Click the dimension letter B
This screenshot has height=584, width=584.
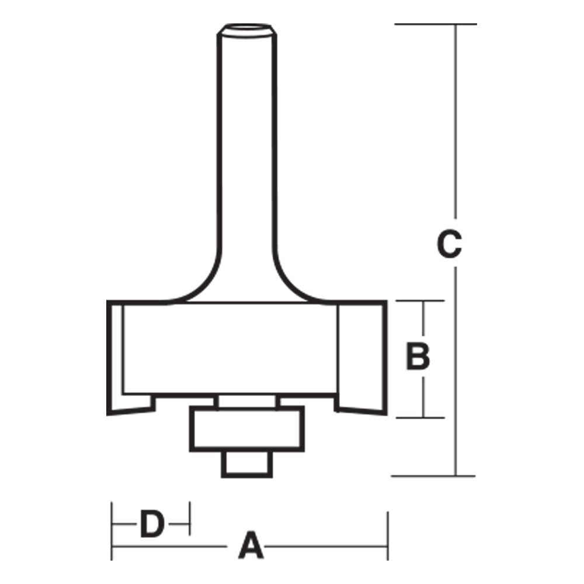(418, 357)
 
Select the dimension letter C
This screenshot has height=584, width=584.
(449, 245)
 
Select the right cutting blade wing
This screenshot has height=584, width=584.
(361, 356)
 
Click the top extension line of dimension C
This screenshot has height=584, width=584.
(435, 25)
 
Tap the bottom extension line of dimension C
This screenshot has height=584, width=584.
(432, 476)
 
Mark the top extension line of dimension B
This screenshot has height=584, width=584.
(420, 301)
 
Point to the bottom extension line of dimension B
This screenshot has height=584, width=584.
(420, 418)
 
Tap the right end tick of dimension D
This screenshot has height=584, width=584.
(190, 517)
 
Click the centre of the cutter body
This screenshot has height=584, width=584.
(231, 347)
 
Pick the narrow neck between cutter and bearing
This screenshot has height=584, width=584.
(246, 402)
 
